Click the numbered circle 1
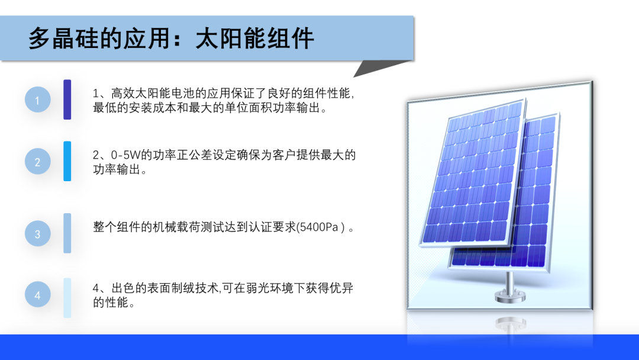click(37, 99)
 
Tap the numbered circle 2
click(37, 162)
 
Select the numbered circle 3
click(37, 234)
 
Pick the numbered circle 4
click(37, 294)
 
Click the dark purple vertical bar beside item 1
click(67, 99)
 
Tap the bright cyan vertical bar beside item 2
click(67, 161)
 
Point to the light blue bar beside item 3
click(67, 233)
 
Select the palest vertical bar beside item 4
click(67, 298)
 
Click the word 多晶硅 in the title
click(63, 38)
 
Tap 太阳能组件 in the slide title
click(254, 38)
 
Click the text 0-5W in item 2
click(125, 155)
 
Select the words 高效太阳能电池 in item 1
click(153, 94)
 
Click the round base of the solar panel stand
click(509, 296)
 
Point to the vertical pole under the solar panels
click(509, 281)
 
